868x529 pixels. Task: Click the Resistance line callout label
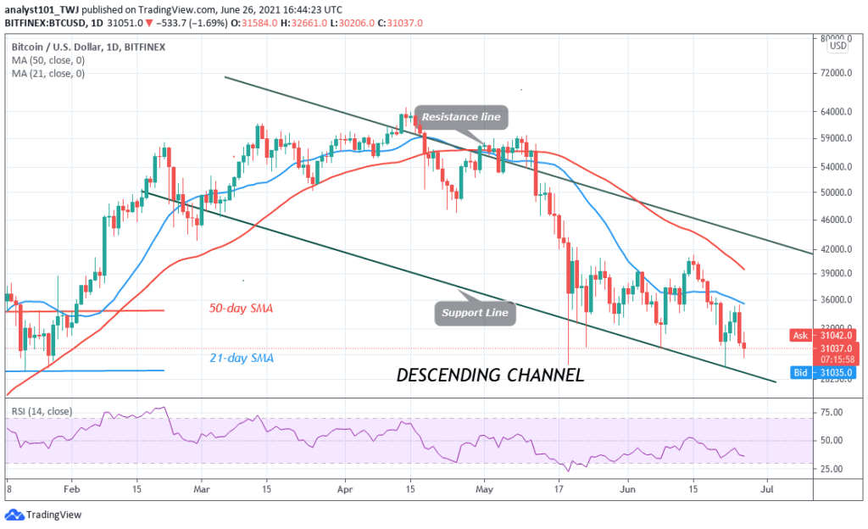(x=461, y=117)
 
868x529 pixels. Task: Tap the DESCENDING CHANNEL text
(x=490, y=374)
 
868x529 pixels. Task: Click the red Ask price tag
(x=801, y=335)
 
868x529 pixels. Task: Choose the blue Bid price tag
(x=801, y=371)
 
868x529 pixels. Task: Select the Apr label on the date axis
(x=345, y=489)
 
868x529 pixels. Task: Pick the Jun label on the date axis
(x=626, y=489)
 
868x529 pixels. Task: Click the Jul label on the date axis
(x=767, y=489)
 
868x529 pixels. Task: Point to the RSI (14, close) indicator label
(x=42, y=412)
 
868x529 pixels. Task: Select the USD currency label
(x=838, y=46)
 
